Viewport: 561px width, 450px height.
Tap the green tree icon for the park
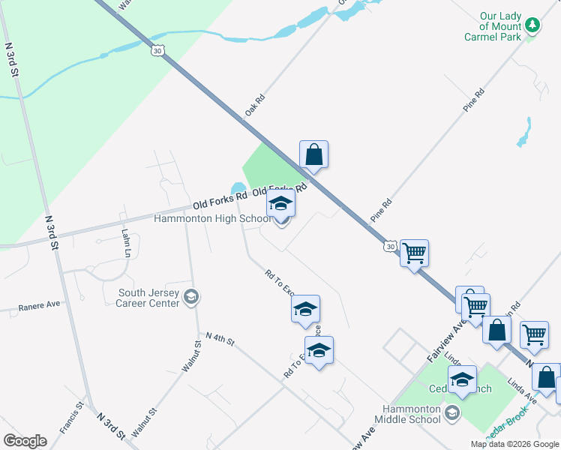pyautogui.click(x=532, y=25)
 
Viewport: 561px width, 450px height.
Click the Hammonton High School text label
pyautogui.click(x=212, y=219)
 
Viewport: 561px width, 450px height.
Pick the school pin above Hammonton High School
pyautogui.click(x=281, y=204)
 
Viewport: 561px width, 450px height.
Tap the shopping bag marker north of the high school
pyautogui.click(x=314, y=155)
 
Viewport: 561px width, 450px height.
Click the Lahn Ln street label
pyautogui.click(x=125, y=240)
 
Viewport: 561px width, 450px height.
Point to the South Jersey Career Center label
pyautogui.click(x=148, y=298)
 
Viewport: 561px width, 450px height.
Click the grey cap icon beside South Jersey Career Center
pyautogui.click(x=191, y=298)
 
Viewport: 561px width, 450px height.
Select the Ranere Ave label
pyautogui.click(x=39, y=305)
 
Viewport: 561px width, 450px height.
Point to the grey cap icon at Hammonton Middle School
pyautogui.click(x=451, y=413)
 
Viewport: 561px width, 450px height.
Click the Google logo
pyautogui.click(x=25, y=441)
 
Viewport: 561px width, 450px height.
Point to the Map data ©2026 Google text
pyautogui.click(x=514, y=444)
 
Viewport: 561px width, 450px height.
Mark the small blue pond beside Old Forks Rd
pyautogui.click(x=238, y=187)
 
